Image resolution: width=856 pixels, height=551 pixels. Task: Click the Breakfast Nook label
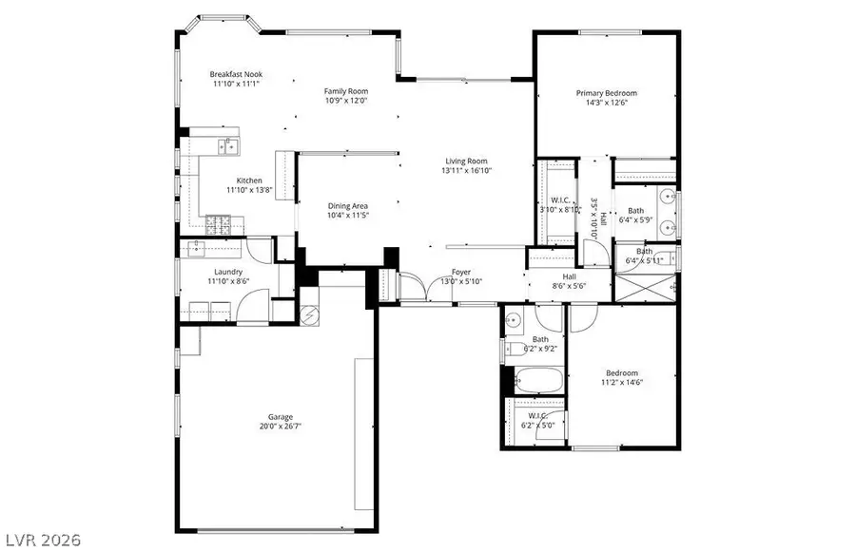click(236, 74)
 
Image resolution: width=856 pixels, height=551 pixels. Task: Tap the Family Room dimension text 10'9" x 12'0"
click(346, 100)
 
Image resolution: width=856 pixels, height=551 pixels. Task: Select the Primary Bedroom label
click(606, 93)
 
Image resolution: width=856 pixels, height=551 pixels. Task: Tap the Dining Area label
click(347, 205)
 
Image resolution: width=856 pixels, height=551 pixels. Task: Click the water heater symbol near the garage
click(310, 313)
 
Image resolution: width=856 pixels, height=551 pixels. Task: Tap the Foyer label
click(461, 272)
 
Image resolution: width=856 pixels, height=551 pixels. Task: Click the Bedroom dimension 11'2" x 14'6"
click(622, 383)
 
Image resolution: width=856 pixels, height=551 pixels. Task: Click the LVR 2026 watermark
click(35, 537)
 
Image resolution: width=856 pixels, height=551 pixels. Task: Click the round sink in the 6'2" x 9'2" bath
click(512, 319)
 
